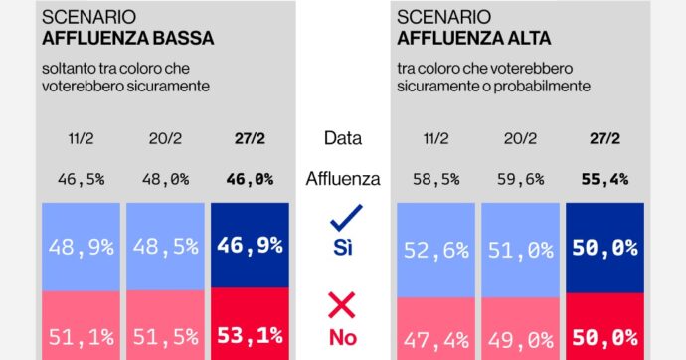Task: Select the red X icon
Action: [344, 305]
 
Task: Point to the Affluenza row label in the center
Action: [343, 180]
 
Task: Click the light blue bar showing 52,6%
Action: [435, 250]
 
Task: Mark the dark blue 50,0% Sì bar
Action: [604, 250]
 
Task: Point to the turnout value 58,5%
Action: [435, 180]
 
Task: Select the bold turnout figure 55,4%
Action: [604, 180]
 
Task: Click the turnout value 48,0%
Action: [165, 180]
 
